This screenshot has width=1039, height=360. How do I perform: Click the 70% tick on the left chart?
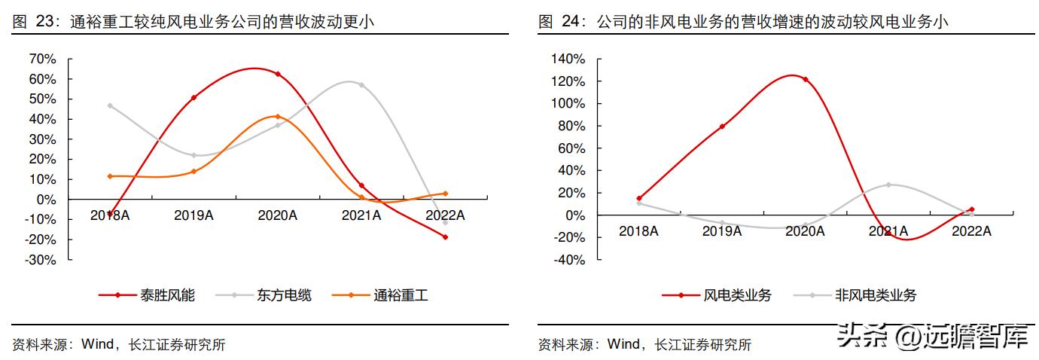[42, 59]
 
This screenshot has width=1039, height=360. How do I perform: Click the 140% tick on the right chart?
[568, 59]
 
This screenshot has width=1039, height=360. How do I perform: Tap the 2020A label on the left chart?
[278, 215]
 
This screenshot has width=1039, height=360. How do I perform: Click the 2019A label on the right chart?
[722, 231]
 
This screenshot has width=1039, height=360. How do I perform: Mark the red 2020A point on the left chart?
[278, 74]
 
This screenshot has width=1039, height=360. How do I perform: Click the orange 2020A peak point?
[278, 117]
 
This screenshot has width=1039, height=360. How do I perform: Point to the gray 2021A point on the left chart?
[361, 85]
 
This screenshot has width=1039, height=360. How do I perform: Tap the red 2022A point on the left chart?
[445, 237]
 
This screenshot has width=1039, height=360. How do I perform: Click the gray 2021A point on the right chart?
[888, 185]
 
